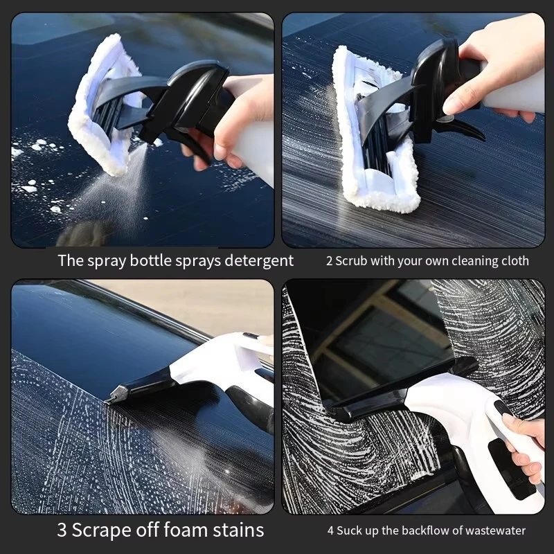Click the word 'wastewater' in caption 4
click(492, 531)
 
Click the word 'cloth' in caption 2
click(513, 261)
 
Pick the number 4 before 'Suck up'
click(331, 531)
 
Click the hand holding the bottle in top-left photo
click(239, 114)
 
